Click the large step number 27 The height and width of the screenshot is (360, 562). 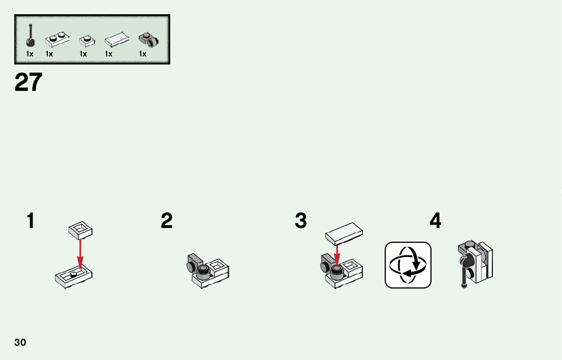tap(28, 82)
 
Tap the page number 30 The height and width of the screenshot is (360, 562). tap(20, 342)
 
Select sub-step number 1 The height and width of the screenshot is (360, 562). tap(31, 221)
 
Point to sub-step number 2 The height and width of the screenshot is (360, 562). tap(167, 221)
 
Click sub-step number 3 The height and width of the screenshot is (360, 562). tap(301, 221)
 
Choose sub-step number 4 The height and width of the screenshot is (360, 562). tap(435, 221)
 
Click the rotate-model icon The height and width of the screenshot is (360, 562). tap(408, 265)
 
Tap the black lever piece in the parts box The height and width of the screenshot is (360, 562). tap(30, 37)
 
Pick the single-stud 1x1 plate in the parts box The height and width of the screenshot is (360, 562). tap(86, 40)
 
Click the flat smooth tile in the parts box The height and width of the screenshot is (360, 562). tap(116, 40)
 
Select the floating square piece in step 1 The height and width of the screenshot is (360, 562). tap(80, 231)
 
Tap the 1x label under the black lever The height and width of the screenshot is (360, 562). tap(30, 54)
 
